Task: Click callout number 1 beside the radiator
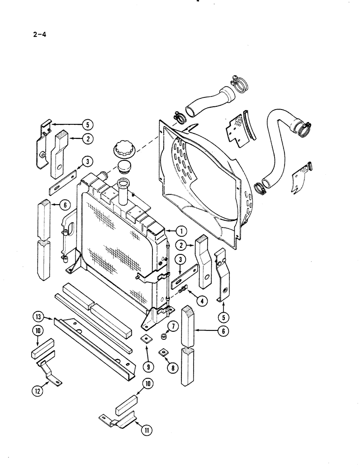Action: coord(180,230)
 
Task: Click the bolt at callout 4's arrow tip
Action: coord(183,290)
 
